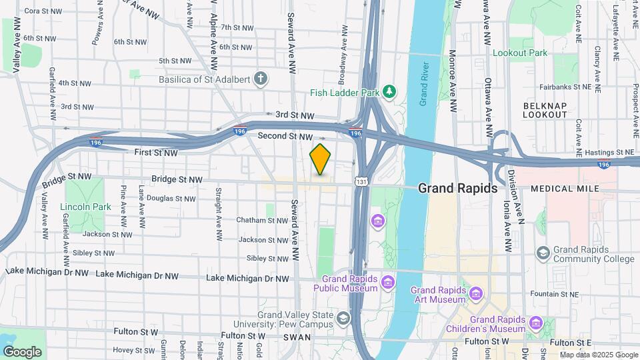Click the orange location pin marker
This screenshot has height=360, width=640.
pos(320,159)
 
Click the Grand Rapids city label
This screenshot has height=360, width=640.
pos(457,189)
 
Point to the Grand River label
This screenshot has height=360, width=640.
pos(423,84)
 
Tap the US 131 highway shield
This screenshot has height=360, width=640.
pos(361,181)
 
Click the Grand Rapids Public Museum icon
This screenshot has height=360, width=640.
pos(387,285)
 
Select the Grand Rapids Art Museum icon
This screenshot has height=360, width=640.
pos(476,293)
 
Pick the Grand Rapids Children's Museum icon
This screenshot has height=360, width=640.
pos(536,323)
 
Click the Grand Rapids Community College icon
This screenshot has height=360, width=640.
pos(543,253)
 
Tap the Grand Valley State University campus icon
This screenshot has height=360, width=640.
pos(343,318)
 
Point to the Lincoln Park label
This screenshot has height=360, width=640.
pos(85,207)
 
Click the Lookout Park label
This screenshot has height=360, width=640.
pos(519,53)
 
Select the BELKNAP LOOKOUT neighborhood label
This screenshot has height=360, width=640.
pos(545,110)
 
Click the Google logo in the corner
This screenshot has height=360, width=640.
pos(21,351)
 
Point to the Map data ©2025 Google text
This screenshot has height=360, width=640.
pos(598,355)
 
